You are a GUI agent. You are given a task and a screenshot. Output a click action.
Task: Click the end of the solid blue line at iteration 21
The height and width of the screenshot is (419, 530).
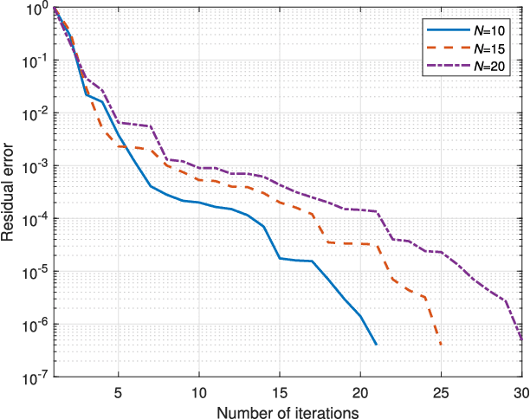pyautogui.click(x=377, y=345)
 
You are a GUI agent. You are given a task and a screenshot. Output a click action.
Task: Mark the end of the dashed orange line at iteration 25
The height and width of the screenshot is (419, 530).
pyautogui.click(x=442, y=345)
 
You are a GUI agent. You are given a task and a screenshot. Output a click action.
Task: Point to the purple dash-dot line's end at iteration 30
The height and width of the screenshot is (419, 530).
pyautogui.click(x=522, y=341)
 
